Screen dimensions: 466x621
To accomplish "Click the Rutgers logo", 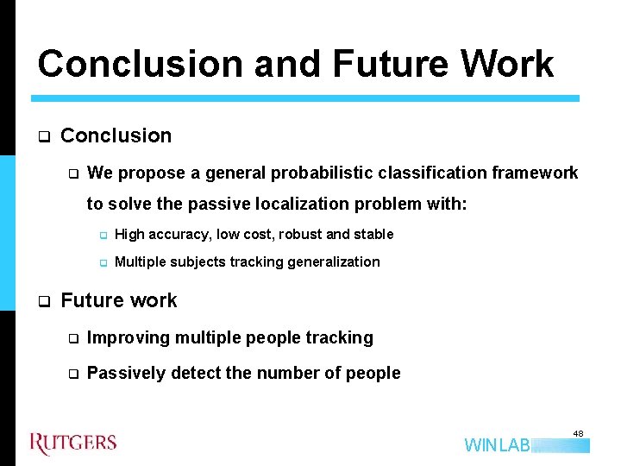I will pyautogui.click(x=73, y=443).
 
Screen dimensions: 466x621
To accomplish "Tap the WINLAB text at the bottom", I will pyautogui.click(x=497, y=445).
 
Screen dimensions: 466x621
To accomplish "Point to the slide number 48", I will pyautogui.click(x=578, y=433).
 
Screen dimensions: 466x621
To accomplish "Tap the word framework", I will pyautogui.click(x=535, y=173).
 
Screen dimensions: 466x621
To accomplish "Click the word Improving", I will pyautogui.click(x=129, y=337).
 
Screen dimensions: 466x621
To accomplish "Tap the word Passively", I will pyautogui.click(x=127, y=373).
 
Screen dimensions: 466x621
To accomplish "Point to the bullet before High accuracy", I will pyautogui.click(x=101, y=235).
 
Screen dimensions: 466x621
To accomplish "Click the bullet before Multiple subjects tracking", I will pyautogui.click(x=101, y=262).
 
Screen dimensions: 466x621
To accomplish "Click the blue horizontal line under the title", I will pyautogui.click(x=306, y=98).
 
